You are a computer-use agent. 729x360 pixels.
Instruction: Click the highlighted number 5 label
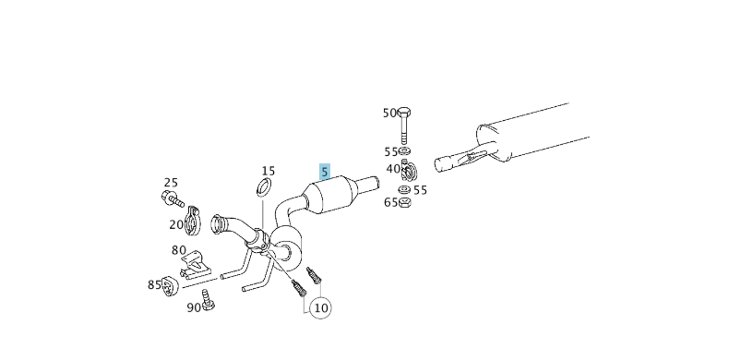pos(324,172)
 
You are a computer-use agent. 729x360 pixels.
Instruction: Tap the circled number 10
pos(320,306)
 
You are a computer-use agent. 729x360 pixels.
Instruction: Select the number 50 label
pos(390,113)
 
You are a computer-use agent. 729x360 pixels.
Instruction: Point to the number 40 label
pos(393,169)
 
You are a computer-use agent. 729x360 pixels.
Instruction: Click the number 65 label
pos(390,202)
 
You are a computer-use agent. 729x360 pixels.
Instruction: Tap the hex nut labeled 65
pos(404,203)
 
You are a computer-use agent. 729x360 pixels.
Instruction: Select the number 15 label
pos(268,171)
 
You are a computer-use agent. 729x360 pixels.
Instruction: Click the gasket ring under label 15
pos(263,190)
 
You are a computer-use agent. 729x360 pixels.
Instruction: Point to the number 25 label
pos(171,182)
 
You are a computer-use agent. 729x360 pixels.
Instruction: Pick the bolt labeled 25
pos(173,198)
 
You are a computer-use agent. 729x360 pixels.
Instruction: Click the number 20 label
pos(175,224)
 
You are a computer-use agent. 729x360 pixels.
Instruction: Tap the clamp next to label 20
pos(193,220)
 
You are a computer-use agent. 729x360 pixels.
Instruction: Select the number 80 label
pos(178,250)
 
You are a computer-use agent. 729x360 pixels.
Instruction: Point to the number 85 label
pos(154,284)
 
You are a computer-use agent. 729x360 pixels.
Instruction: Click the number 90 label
pos(194,307)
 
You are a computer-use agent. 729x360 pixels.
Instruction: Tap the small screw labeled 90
pos(209,299)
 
